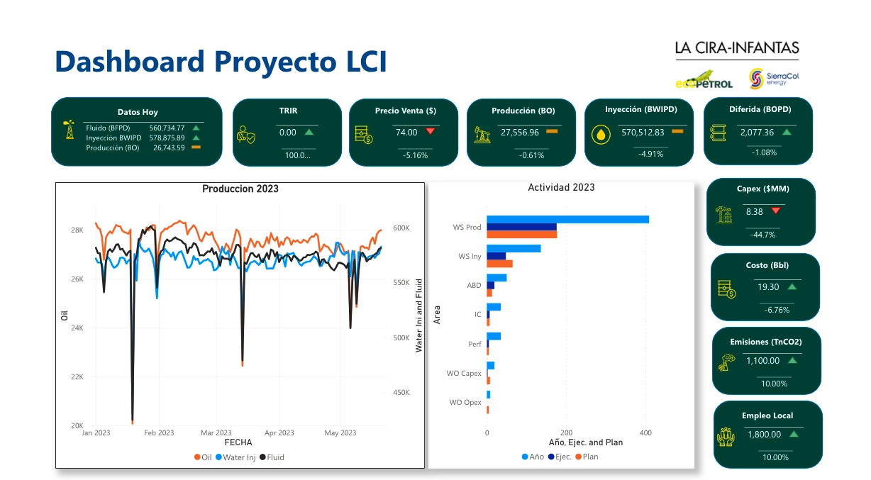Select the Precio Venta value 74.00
406,132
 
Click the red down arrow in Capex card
775,211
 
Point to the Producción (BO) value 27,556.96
520,132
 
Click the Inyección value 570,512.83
643,132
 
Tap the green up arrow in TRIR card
309,132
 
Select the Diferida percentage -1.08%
763,152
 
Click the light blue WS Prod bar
567,219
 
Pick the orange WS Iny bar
499,264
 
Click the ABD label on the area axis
474,286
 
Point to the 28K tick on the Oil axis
77,230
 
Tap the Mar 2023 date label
216,432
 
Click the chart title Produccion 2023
240,189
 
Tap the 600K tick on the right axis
401,228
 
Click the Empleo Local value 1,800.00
763,434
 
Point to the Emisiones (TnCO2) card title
765,342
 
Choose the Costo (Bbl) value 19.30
768,286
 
